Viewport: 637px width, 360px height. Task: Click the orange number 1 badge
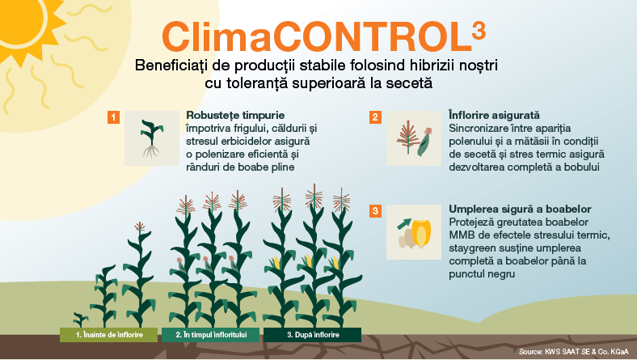click(114, 116)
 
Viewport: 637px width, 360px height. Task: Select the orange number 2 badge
click(375, 116)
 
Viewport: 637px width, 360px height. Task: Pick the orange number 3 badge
click(375, 211)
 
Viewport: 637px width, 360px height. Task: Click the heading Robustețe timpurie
click(235, 115)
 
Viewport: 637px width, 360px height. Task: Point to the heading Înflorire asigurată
click(494, 116)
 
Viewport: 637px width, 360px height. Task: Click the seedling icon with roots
click(150, 138)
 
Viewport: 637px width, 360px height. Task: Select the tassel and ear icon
click(412, 138)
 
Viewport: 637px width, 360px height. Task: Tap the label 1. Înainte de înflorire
click(108, 334)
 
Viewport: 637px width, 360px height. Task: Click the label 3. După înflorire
click(311, 334)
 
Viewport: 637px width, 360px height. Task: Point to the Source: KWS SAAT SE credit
click(575, 352)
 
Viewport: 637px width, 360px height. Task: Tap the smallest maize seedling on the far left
click(79, 319)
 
